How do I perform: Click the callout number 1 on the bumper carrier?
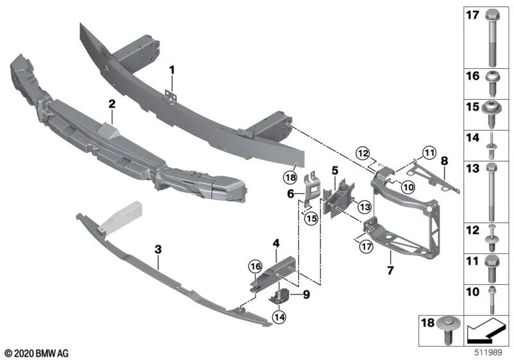(172, 68)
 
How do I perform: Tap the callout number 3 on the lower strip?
(158, 247)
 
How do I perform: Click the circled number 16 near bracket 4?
(256, 265)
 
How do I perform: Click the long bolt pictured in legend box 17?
(492, 38)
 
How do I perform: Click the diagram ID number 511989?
(495, 353)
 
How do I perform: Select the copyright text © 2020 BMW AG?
(36, 353)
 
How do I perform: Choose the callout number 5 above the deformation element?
(335, 171)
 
